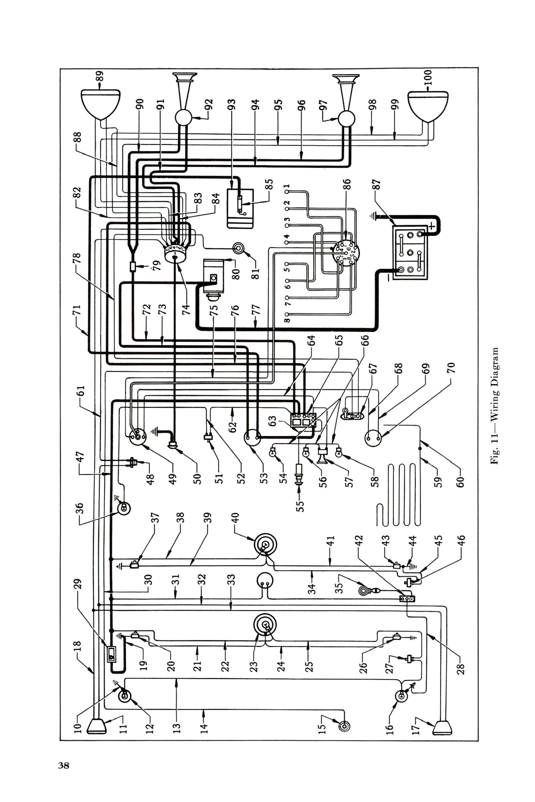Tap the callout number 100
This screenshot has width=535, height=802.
click(429, 78)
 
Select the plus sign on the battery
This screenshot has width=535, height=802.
click(432, 226)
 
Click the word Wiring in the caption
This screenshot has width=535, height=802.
click(495, 405)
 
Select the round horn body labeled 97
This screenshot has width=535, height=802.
click(346, 119)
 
